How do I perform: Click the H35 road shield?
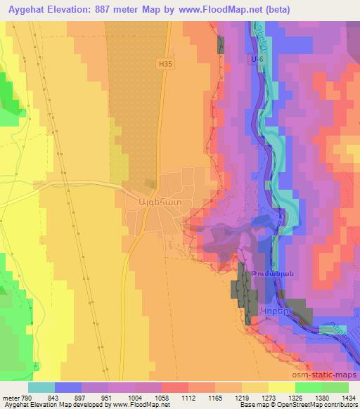[165, 63]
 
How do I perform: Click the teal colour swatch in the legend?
[41, 387]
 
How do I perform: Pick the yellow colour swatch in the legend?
[281, 387]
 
